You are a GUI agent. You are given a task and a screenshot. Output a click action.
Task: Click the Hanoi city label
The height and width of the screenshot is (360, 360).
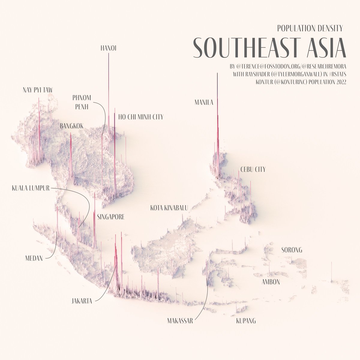click(108, 48)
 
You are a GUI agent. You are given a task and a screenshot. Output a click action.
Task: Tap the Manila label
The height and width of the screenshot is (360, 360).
click(204, 103)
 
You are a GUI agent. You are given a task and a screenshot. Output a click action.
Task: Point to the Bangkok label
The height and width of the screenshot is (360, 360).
click(71, 126)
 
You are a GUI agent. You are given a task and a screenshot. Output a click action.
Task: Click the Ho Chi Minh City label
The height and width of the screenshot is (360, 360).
click(141, 117)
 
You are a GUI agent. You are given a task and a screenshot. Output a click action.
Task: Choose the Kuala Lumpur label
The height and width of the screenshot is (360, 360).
click(31, 188)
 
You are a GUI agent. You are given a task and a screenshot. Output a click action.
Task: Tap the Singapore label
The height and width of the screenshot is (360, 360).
click(111, 217)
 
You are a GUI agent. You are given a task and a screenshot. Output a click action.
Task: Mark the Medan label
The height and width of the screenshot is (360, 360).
click(34, 258)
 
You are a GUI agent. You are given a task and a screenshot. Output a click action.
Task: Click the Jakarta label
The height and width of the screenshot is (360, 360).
click(82, 301)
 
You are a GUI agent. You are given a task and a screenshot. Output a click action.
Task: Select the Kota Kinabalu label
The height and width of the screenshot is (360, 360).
click(169, 208)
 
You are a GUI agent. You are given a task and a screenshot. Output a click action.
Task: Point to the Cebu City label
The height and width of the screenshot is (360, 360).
click(253, 170)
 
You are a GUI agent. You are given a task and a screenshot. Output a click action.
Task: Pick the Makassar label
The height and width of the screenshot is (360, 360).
click(180, 321)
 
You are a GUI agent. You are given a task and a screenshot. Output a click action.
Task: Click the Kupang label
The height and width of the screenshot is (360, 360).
click(246, 321)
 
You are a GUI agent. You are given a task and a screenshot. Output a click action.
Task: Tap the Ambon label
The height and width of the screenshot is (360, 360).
click(271, 282)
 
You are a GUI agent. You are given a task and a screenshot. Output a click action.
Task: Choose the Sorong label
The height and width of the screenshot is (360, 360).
click(292, 250)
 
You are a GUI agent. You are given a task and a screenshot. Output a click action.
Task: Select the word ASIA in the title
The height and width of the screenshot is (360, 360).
click(326, 48)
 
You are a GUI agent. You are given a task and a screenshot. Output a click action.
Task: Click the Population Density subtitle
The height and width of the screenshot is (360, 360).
click(310, 28)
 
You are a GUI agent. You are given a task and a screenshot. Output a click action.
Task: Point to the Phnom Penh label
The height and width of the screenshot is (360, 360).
click(82, 102)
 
